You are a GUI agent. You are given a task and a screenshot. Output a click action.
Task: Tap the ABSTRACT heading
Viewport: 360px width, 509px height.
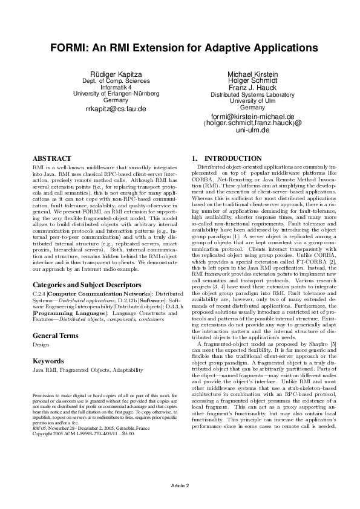(x=51, y=158)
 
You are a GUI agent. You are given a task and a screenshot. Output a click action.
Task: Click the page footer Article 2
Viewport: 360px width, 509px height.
(x=180, y=485)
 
